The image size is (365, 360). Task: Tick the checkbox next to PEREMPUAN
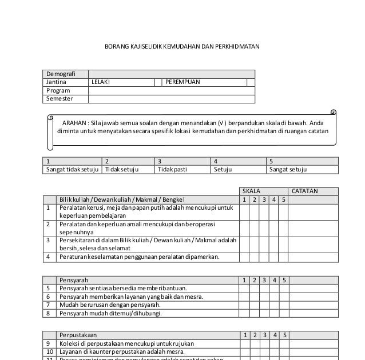click(x=250, y=82)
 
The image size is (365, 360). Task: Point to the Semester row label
click(x=60, y=98)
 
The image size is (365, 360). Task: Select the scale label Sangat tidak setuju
click(x=72, y=170)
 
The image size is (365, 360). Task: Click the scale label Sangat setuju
click(x=288, y=170)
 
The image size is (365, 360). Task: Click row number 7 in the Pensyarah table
click(x=48, y=305)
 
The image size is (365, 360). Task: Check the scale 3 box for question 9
click(x=264, y=343)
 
